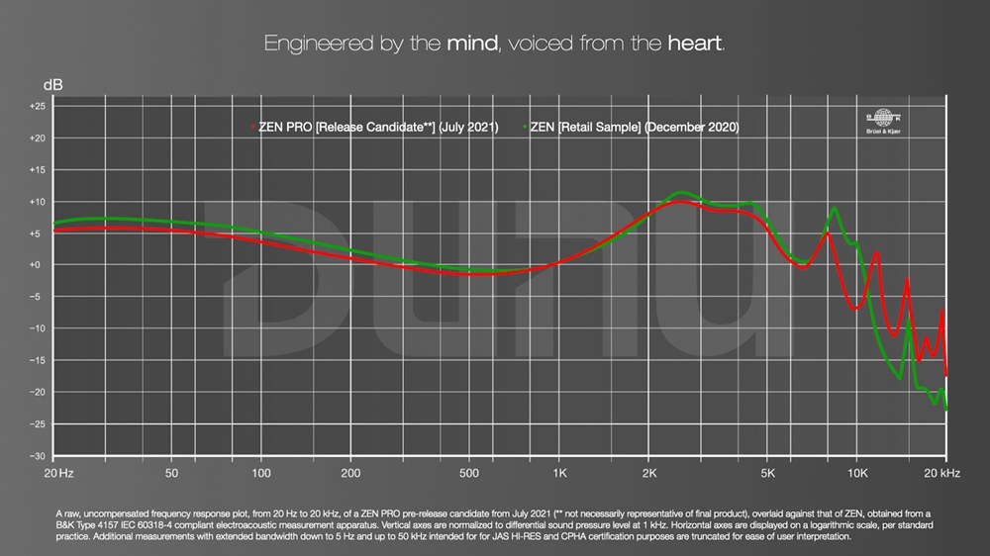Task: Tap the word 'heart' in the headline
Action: pyautogui.click(x=695, y=45)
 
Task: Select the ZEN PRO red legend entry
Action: pyautogui.click(x=376, y=128)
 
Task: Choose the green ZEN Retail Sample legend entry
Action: pyautogui.click(x=633, y=128)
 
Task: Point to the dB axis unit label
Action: pyautogui.click(x=52, y=85)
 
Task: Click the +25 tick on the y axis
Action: pyautogui.click(x=37, y=107)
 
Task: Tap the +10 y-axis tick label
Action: pyautogui.click(x=37, y=202)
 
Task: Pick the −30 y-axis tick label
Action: pyautogui.click(x=37, y=456)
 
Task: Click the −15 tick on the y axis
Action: pyautogui.click(x=37, y=361)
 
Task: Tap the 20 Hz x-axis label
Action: pyautogui.click(x=58, y=474)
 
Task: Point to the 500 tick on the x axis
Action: pyautogui.click(x=470, y=474)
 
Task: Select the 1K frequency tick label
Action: pyautogui.click(x=559, y=474)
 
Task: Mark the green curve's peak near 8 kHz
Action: pyautogui.click(x=835, y=208)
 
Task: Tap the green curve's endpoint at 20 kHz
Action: pyautogui.click(x=946, y=409)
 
